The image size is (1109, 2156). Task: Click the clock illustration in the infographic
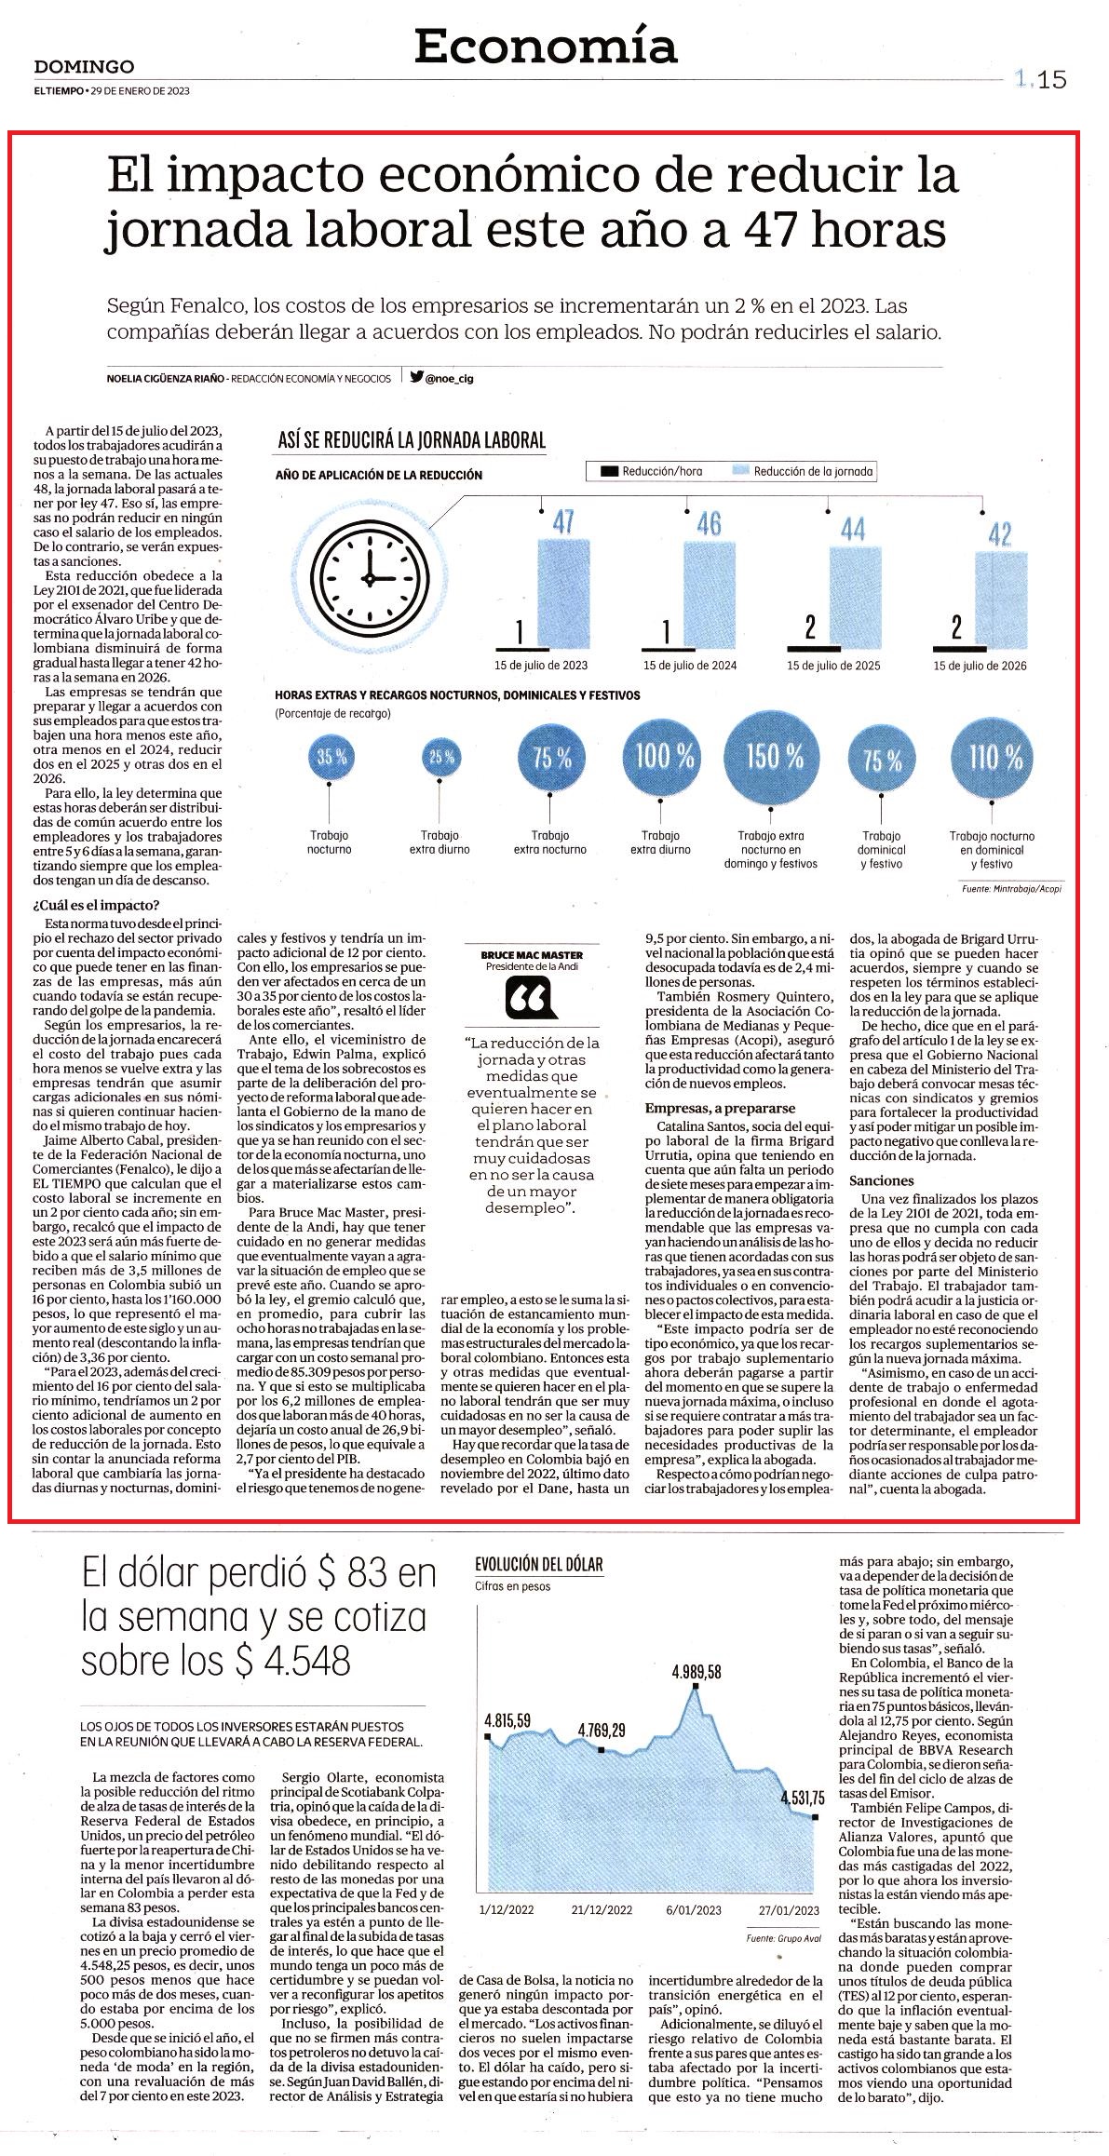click(368, 577)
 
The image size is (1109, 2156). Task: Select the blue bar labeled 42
click(1001, 600)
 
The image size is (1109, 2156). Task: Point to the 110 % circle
click(994, 756)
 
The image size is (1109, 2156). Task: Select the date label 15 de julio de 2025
click(833, 666)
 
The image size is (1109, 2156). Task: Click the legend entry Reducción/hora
click(652, 471)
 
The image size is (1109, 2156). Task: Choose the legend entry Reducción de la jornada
click(803, 471)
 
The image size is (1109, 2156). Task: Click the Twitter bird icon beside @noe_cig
click(416, 377)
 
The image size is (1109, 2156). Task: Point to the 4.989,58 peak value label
click(697, 1671)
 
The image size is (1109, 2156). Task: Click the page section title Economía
click(546, 46)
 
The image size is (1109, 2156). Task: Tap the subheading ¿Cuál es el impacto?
click(97, 906)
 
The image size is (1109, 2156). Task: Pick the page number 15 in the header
click(1052, 80)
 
